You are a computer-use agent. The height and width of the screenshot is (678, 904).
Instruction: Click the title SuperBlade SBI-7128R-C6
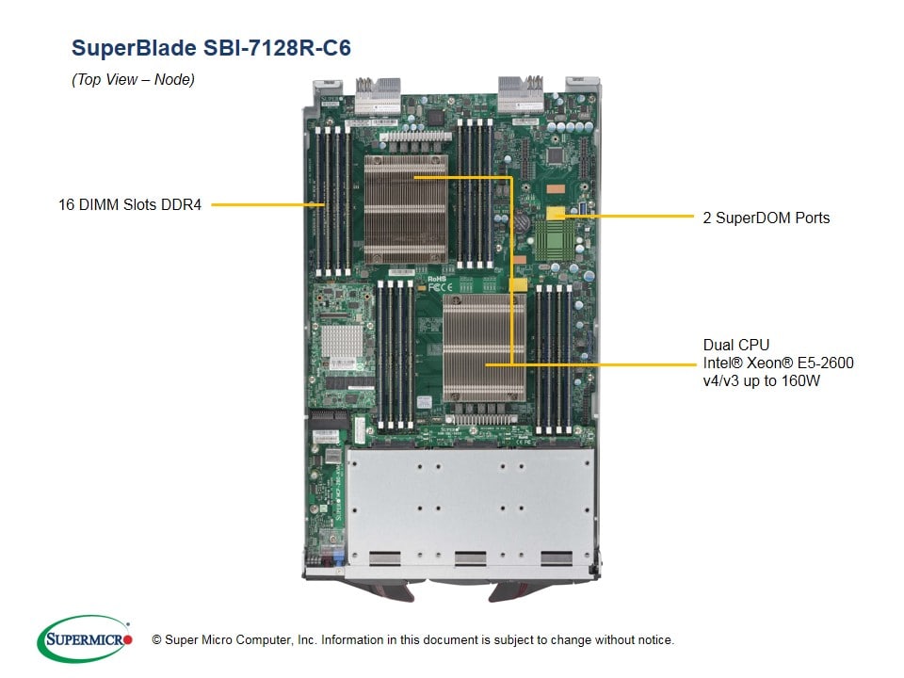(x=211, y=47)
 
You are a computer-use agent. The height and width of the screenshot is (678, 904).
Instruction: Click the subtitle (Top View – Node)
(x=133, y=80)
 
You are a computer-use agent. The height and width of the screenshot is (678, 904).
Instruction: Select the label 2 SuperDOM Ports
(x=767, y=218)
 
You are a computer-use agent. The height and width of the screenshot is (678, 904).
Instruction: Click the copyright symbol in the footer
(x=156, y=640)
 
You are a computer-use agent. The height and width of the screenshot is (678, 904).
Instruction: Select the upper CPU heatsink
(x=405, y=209)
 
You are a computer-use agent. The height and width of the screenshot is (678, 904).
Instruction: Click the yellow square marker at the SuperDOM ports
(x=556, y=214)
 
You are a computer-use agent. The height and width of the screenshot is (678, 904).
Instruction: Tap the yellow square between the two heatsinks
(x=517, y=283)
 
